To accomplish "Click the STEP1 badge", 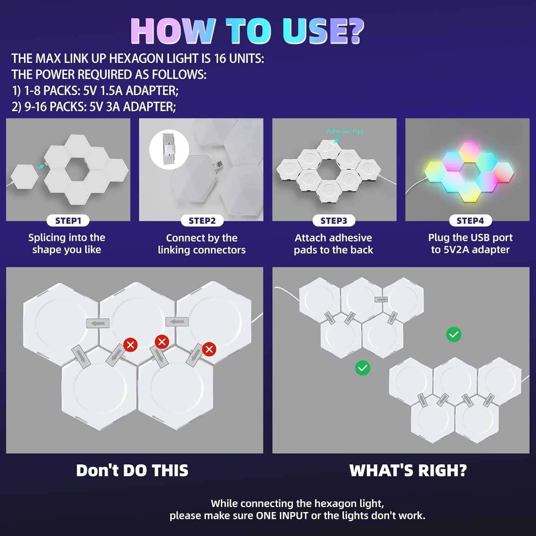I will [x=68, y=221].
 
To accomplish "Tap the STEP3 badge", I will [x=334, y=221].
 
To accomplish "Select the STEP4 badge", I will [x=470, y=221].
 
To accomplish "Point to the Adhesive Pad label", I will [x=344, y=131].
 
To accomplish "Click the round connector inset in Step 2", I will [x=169, y=150].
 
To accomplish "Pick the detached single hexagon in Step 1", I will [x=24, y=177].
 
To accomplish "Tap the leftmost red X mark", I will [x=130, y=345].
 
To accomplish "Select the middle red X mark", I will [x=162, y=342].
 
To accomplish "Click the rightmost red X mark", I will [x=209, y=349].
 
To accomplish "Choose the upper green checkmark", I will [x=453, y=335].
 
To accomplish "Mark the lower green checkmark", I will [x=362, y=368].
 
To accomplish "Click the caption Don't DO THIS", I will [x=132, y=471].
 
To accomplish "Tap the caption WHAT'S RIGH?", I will [x=408, y=471].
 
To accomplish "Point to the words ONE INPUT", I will [x=282, y=516].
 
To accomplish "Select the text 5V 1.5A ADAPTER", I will [x=131, y=91].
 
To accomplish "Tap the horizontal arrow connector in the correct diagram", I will [x=381, y=299].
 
